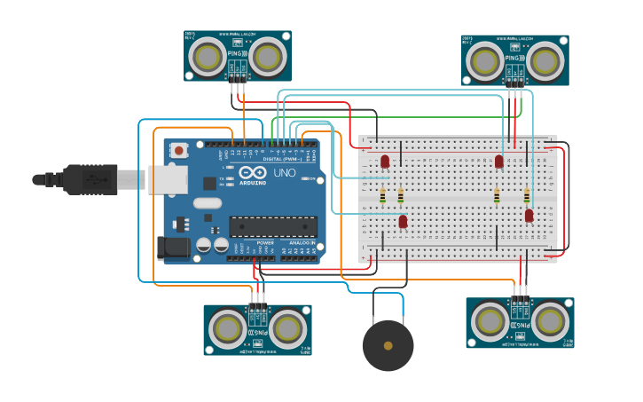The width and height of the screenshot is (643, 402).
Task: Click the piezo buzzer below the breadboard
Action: click(x=388, y=345)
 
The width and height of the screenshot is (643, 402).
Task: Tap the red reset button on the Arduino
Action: click(x=179, y=151)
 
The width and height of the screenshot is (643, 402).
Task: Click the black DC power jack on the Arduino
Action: click(x=173, y=248)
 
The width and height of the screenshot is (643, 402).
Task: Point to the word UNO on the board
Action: click(x=284, y=173)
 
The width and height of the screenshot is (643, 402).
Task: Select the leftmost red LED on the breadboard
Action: click(x=385, y=162)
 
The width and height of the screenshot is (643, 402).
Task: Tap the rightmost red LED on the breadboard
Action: click(x=529, y=216)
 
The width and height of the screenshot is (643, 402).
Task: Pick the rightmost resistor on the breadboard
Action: click(x=527, y=196)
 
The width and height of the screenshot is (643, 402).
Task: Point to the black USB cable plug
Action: click(x=89, y=179)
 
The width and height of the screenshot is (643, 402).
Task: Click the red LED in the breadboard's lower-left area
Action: click(x=403, y=221)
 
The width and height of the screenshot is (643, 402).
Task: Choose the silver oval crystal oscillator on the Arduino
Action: click(x=206, y=203)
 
